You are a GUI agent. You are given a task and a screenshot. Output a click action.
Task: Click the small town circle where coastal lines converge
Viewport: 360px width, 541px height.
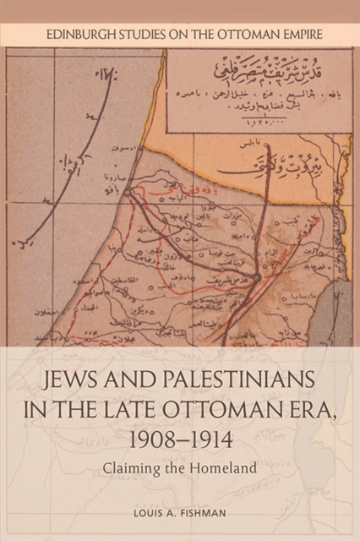point(127,193)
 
